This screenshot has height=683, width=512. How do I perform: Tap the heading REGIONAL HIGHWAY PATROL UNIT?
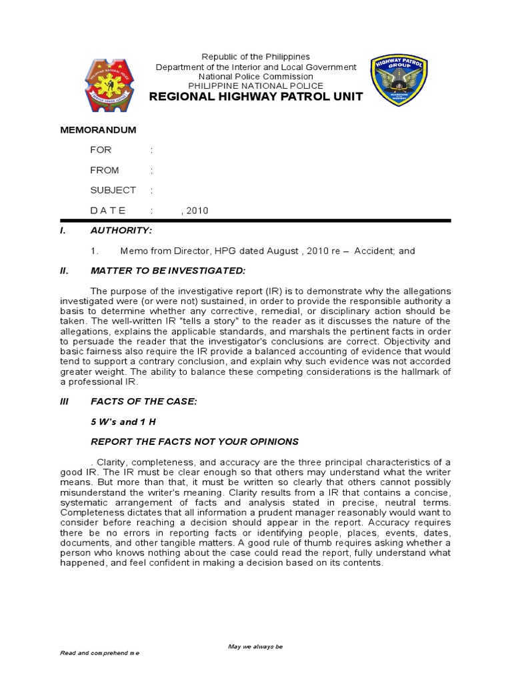[x=256, y=97]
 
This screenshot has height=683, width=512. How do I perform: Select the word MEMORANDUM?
[x=98, y=129]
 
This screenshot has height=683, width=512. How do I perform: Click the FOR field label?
[x=101, y=149]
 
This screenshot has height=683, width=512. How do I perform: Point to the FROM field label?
[x=105, y=170]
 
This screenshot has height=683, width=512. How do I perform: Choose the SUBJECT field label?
[x=113, y=190]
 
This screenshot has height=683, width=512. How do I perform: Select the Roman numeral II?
[x=64, y=271]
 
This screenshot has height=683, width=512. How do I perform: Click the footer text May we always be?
[x=255, y=646]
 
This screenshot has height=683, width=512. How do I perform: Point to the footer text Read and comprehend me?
[x=100, y=654]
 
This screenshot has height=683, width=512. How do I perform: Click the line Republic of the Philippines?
[x=256, y=57]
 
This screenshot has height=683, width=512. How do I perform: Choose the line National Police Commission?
[x=256, y=77]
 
